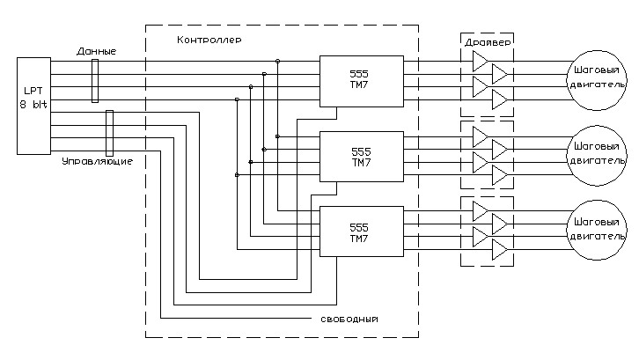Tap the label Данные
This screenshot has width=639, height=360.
96,52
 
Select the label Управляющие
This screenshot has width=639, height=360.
97,163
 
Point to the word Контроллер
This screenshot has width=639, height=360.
209,40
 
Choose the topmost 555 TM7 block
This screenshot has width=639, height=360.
361,82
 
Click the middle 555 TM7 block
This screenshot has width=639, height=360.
361,157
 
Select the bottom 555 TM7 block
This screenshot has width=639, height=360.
361,231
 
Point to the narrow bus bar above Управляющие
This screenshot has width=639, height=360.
110,132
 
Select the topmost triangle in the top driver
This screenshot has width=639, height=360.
480,61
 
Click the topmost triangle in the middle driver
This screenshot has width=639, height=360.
480,136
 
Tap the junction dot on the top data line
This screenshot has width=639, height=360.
277,61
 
